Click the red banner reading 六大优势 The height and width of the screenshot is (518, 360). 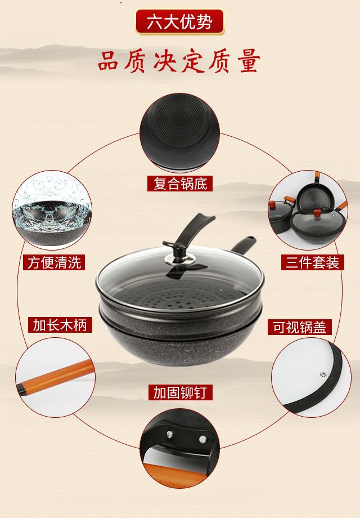point(180,22)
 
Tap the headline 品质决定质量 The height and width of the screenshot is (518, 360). point(179,61)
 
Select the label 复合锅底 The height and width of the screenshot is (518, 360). point(180,184)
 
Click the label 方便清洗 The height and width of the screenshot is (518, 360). point(54,262)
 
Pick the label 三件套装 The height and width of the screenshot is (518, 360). point(312,262)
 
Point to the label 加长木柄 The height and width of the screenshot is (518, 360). point(60,325)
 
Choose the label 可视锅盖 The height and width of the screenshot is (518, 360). point(299,327)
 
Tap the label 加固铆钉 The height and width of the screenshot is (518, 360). point(180,392)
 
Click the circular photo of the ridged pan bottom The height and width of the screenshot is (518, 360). point(180,132)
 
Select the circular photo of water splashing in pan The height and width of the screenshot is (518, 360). point(52,210)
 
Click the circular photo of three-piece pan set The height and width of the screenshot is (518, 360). point(308,210)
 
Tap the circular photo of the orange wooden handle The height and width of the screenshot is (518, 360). point(55,377)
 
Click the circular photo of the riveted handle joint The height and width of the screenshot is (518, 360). point(180,448)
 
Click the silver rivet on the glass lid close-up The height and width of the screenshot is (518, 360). point(322,374)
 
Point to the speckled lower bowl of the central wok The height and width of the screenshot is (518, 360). point(181,343)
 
